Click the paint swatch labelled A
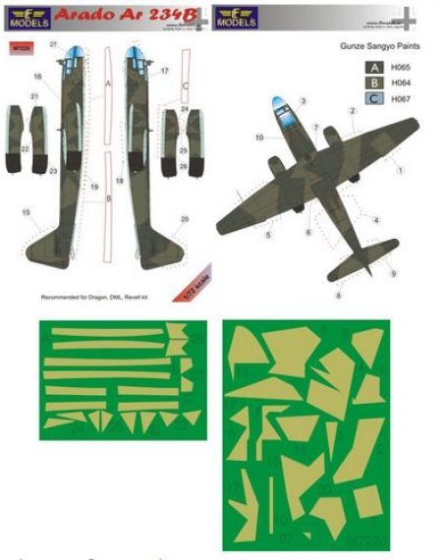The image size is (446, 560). point(374,68)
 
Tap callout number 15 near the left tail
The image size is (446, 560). point(24,212)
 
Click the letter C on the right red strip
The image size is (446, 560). point(184,86)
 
